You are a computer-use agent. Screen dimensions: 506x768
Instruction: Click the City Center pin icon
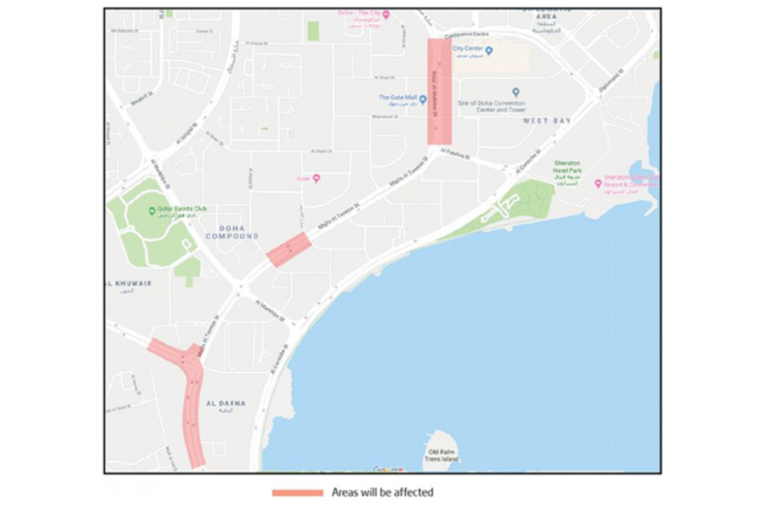[489, 51]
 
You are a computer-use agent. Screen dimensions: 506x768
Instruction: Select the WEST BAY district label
[547, 121]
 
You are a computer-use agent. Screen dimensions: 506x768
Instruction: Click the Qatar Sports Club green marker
[153, 209]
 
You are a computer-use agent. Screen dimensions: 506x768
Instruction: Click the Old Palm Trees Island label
[441, 447]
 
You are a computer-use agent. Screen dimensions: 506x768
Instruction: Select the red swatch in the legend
[297, 492]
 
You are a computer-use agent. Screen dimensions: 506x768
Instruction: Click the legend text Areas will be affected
[382, 492]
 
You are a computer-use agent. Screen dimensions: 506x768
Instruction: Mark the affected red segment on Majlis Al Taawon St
[289, 250]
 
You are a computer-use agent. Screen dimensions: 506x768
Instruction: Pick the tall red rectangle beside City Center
[440, 91]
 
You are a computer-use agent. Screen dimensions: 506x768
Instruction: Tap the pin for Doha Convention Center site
[516, 91]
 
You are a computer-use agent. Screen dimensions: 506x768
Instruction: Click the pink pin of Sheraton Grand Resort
[598, 183]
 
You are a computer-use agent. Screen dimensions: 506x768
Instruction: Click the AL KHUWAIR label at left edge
[129, 283]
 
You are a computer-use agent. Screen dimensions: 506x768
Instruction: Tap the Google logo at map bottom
[388, 469]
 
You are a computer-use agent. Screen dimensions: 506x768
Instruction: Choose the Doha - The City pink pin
[386, 14]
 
